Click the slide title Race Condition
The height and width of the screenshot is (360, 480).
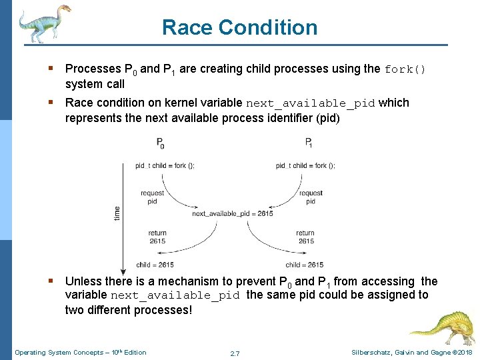240,27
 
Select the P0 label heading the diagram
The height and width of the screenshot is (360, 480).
160,142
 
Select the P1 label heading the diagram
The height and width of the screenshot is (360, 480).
309,142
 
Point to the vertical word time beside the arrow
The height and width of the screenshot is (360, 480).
117,213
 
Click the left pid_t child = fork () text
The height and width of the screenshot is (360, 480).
165,166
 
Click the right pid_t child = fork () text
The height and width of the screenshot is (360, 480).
305,166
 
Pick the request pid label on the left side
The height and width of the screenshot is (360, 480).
153,197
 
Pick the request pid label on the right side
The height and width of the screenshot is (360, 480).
311,197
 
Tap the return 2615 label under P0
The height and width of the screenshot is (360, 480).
157,237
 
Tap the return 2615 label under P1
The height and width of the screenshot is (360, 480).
305,237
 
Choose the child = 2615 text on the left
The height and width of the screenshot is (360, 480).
155,265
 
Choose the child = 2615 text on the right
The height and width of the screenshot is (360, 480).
305,265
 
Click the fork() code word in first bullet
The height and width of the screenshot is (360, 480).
405,69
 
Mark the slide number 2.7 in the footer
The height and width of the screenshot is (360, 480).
235,353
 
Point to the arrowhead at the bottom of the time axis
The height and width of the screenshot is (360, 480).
121,264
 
